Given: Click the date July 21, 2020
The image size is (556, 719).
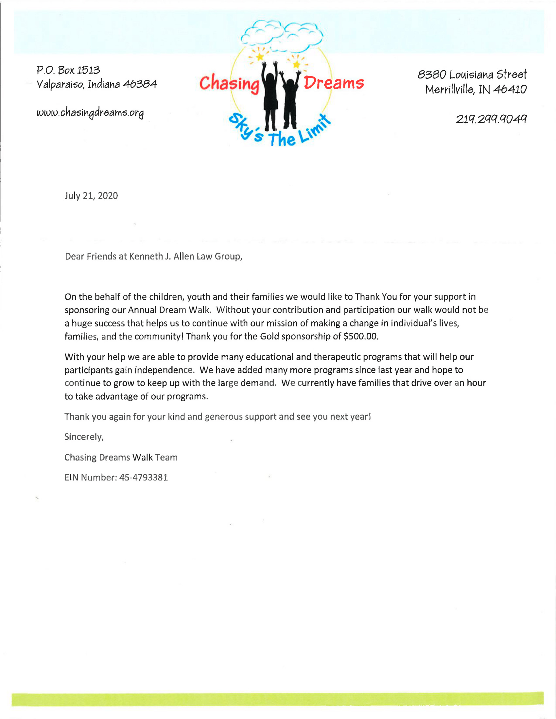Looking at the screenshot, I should [x=91, y=196].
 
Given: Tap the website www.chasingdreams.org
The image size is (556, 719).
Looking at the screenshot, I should [x=90, y=113].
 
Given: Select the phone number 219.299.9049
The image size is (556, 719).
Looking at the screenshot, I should [x=491, y=119].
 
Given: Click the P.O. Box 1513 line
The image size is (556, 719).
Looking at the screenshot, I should [x=68, y=70].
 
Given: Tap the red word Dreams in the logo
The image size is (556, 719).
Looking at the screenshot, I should [x=333, y=83].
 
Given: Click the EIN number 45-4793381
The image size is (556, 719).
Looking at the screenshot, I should [x=144, y=477].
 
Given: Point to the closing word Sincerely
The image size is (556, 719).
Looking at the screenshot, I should [x=84, y=437].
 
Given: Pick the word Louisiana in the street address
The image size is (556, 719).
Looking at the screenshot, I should [x=471, y=75].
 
